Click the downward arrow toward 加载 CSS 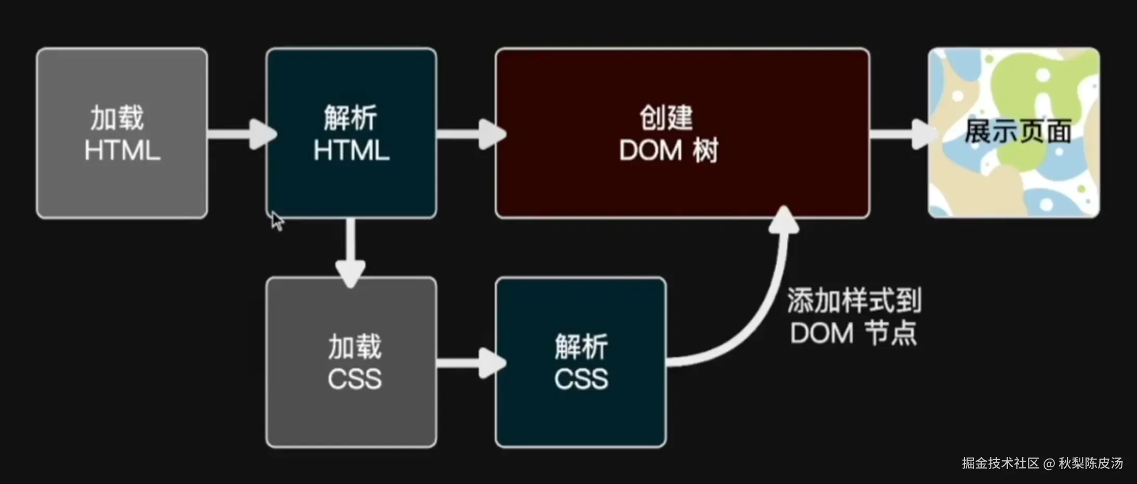click(x=351, y=252)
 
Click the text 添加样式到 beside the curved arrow click(x=854, y=300)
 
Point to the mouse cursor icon click(x=277, y=221)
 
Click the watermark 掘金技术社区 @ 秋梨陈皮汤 click(x=1042, y=463)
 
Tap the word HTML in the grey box click(x=122, y=151)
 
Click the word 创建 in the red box click(x=666, y=118)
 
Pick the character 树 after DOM click(x=705, y=151)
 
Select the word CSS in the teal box click(x=580, y=379)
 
